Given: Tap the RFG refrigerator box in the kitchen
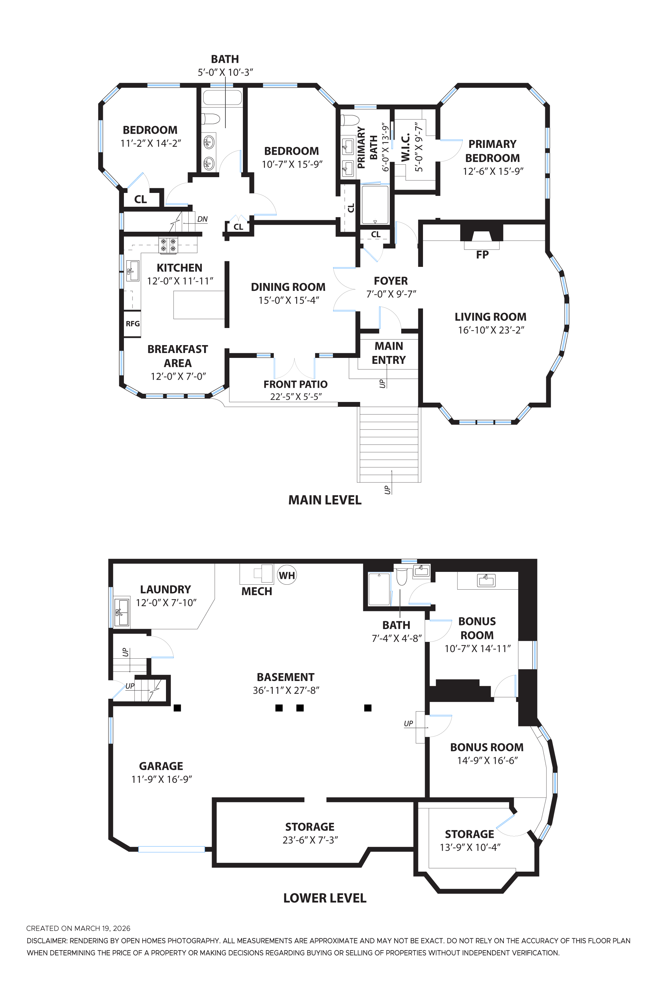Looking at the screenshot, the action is (132, 323).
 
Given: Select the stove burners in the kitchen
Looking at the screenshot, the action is (168, 245).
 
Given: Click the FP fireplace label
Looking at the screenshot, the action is (482, 255).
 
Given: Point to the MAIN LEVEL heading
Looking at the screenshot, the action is (325, 500).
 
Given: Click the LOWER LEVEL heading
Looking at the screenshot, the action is (325, 898).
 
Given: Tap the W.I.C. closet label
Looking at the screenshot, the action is (406, 148).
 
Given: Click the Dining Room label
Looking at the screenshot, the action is (288, 287).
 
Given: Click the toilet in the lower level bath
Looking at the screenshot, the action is (401, 576).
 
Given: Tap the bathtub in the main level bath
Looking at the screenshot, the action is (222, 97).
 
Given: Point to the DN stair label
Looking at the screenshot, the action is (202, 219).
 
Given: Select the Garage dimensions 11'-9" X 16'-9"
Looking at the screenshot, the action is (161, 779).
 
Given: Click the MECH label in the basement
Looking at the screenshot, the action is (256, 591).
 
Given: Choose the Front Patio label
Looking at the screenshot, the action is (295, 384).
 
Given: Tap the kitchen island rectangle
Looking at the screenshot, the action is (199, 305).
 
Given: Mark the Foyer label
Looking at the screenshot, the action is (391, 281).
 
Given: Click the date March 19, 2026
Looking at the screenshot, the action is (102, 928).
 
